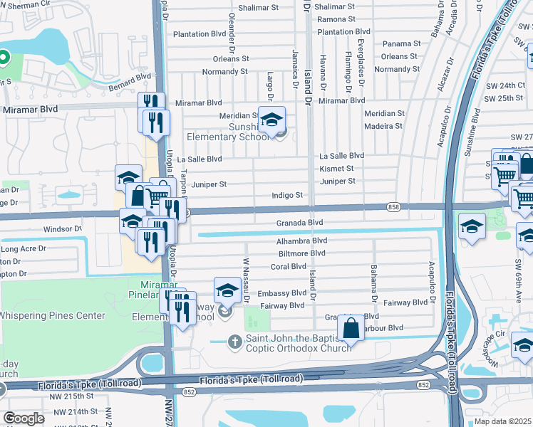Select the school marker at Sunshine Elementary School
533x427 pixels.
tap(271, 120)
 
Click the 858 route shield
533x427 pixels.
tap(393, 206)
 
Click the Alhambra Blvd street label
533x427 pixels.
tap(301, 241)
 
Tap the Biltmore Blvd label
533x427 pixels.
tap(301, 253)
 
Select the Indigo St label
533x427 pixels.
tap(288, 195)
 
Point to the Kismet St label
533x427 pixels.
tap(337, 169)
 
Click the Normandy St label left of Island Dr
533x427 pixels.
tap(224, 71)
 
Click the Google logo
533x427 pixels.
tap(24, 418)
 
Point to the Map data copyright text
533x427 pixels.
tap(503, 421)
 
